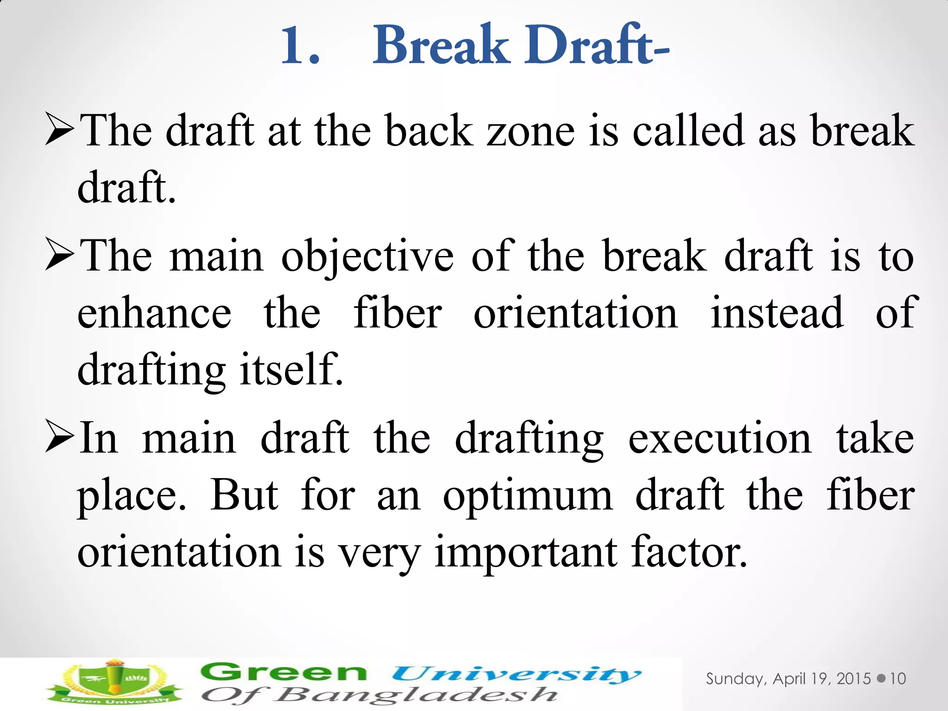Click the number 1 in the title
point(293,46)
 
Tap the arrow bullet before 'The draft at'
point(60,131)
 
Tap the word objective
point(368,257)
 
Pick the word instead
point(777,314)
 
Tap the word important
point(526,554)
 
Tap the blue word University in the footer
point(516,674)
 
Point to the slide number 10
point(898,679)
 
